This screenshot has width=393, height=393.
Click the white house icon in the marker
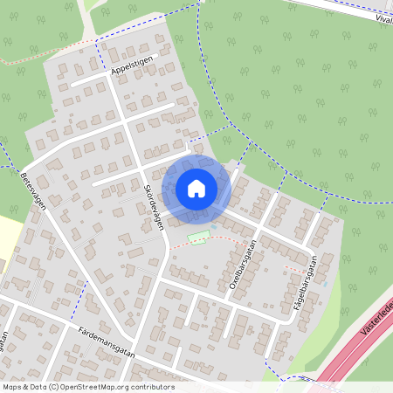196,188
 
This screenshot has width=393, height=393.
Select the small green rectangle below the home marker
199,236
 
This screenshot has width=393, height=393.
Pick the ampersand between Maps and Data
27,387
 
